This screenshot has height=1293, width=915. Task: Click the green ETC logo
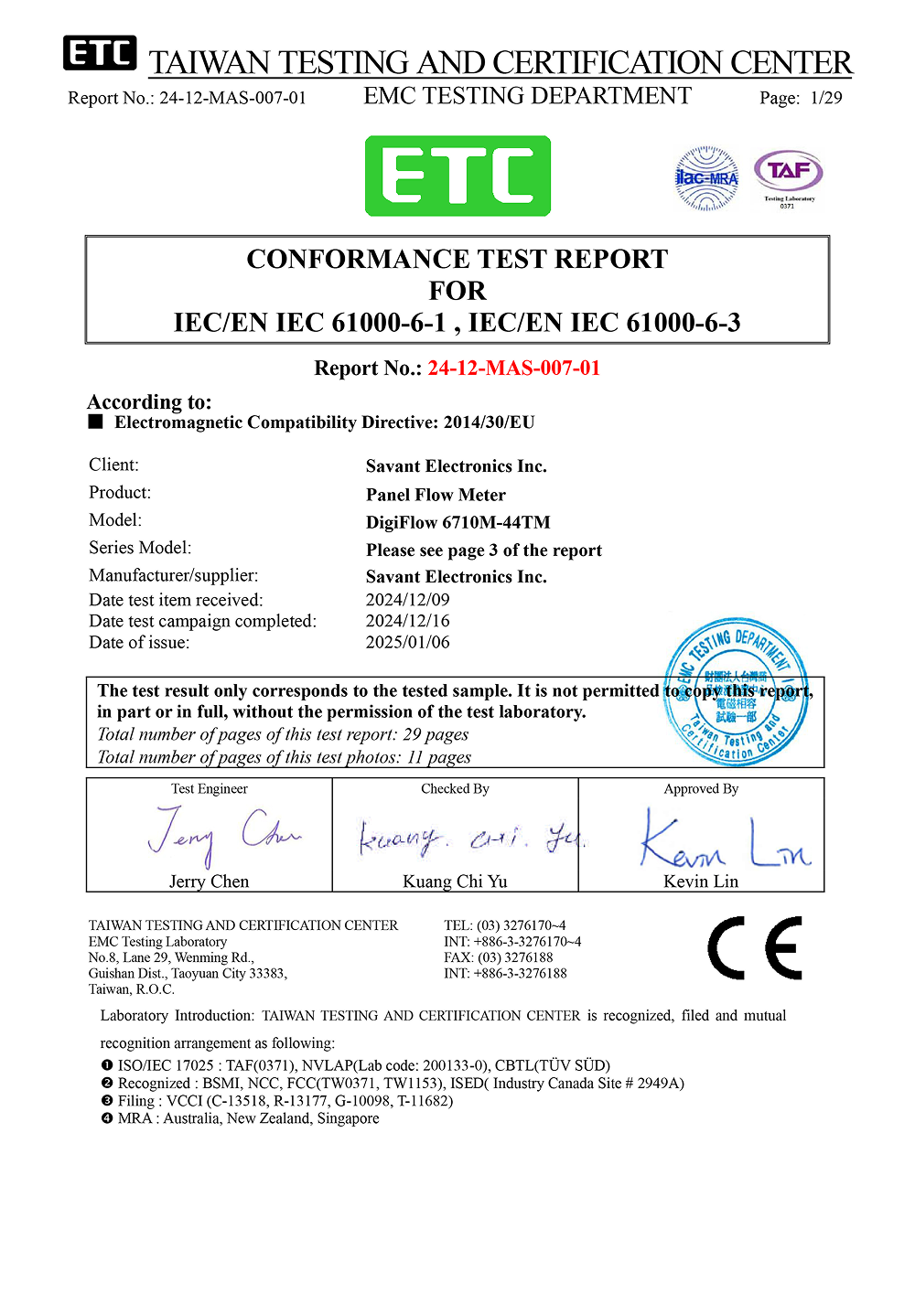pos(457,176)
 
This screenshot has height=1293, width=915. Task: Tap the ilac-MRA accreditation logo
pos(705,178)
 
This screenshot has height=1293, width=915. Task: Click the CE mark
pos(755,948)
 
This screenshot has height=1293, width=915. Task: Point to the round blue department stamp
pos(737,692)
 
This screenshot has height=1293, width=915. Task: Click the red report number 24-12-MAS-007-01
pos(513,368)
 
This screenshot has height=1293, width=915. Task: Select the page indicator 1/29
pos(825,98)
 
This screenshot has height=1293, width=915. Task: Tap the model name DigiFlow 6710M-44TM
pos(457,522)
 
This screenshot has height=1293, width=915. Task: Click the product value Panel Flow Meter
pos(436,495)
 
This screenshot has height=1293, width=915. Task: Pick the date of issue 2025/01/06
pos(407,642)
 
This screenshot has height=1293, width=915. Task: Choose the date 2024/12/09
pos(407,600)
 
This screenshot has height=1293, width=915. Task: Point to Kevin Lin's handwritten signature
pos(723,839)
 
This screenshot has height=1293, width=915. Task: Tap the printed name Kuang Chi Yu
pos(455,882)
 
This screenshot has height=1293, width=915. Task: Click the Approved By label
pos(701,789)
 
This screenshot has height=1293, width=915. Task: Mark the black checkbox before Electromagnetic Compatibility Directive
pos(96,422)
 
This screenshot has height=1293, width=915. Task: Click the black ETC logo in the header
pos(100,53)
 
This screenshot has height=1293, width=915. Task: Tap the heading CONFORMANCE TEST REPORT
pos(457,259)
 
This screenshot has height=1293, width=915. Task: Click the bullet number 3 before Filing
pos(107,1101)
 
